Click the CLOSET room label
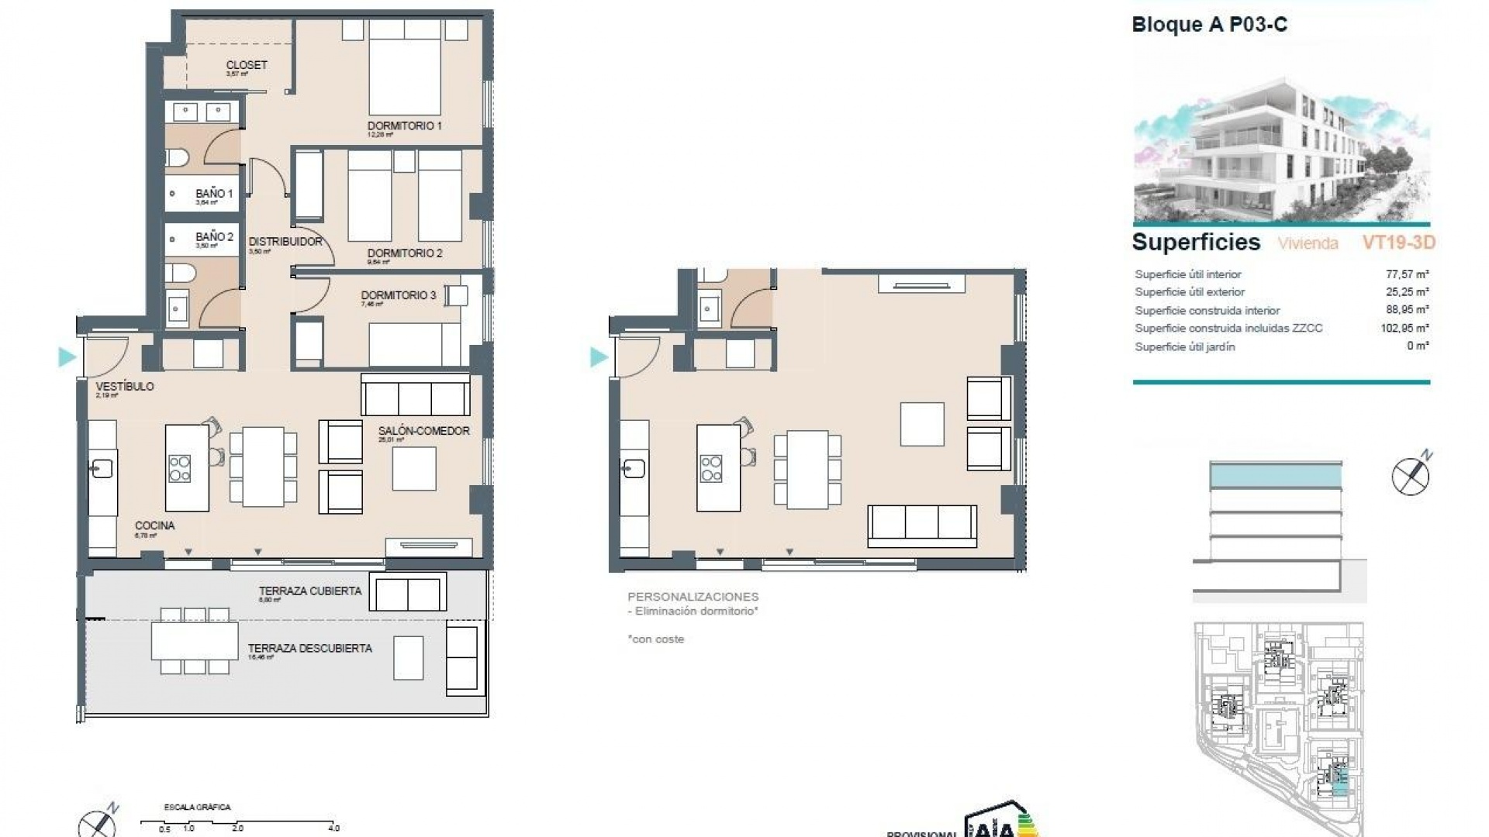tap(247, 65)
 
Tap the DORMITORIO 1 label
tap(404, 126)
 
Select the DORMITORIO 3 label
tap(398, 295)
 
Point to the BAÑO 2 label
tap(214, 236)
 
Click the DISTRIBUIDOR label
tap(285, 242)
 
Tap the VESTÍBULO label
tap(124, 386)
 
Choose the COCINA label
tap(154, 525)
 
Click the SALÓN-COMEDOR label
tap(423, 431)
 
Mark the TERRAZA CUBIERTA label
tap(309, 591)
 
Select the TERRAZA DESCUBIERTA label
tap(309, 648)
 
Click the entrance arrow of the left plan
tap(67, 357)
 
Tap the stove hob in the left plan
tap(180, 468)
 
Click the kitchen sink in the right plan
tap(633, 468)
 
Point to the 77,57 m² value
tap(1407, 274)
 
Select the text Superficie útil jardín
tap(1184, 346)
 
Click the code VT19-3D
tap(1398, 243)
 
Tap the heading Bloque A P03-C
tap(1209, 25)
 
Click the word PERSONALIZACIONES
tap(693, 597)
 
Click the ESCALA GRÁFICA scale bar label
tap(197, 807)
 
